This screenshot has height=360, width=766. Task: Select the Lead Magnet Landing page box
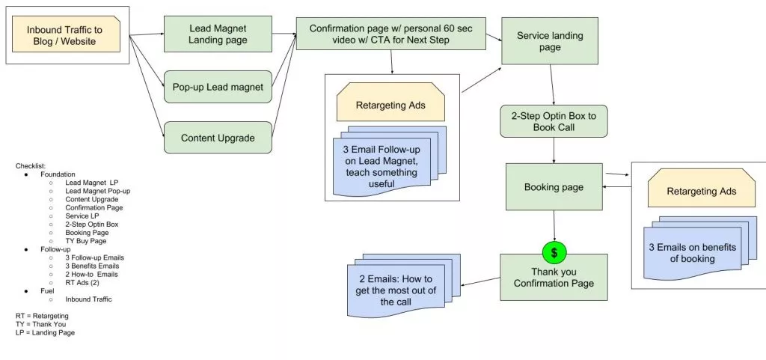[x=218, y=33]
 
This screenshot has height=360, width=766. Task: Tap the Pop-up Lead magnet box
[x=218, y=87]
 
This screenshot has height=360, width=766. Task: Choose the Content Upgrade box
[x=218, y=138]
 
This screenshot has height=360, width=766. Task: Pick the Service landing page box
[x=550, y=41]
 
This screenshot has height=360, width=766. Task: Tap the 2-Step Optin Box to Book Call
[x=553, y=120]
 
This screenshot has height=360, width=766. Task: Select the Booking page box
[x=554, y=187]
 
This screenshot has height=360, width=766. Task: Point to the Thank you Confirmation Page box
[x=554, y=278]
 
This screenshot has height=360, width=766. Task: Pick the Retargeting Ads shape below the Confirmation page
[x=390, y=105]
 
